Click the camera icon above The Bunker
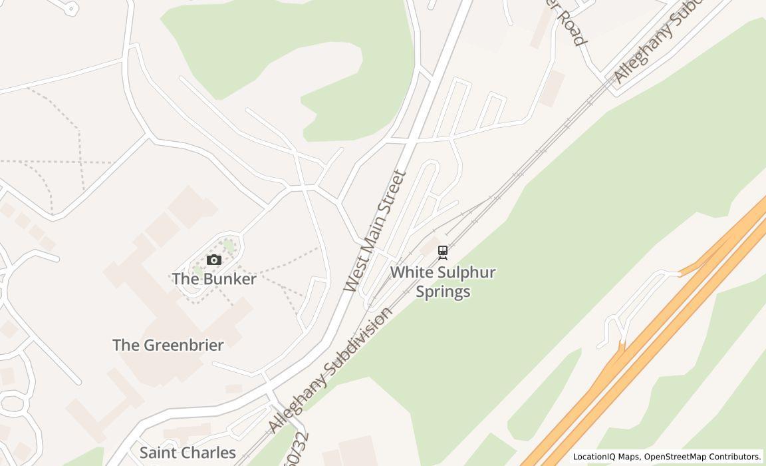click(213, 260)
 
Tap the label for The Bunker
click(214, 279)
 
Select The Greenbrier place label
click(168, 345)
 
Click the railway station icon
click(442, 252)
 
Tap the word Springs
click(443, 292)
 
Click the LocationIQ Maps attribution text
click(606, 457)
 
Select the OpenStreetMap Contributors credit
click(702, 457)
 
